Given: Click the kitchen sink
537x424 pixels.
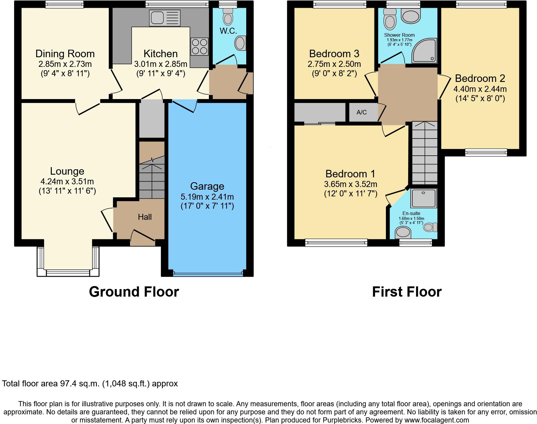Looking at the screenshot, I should (165, 18).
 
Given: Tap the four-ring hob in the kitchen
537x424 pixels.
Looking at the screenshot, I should (199, 46).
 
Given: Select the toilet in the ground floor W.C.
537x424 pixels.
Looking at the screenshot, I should (228, 17).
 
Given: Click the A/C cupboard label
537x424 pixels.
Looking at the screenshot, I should (362, 112).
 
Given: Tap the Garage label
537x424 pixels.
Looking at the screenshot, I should (207, 186).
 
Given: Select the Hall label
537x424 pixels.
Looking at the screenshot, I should (145, 217).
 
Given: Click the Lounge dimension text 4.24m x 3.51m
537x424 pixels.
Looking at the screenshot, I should (67, 181).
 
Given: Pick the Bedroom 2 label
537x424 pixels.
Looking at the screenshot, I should (480, 78).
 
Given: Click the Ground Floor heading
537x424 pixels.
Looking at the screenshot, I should (134, 292).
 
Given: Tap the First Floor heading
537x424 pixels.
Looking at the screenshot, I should (407, 292).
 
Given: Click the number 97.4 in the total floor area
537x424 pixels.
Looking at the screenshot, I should (68, 384).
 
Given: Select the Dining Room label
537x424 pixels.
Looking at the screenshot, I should (65, 54).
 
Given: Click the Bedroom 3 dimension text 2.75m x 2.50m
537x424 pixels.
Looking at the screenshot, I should (334, 64).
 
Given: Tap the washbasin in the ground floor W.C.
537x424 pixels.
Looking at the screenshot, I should (240, 43).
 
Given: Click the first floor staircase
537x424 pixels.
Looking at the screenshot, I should (424, 154).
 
